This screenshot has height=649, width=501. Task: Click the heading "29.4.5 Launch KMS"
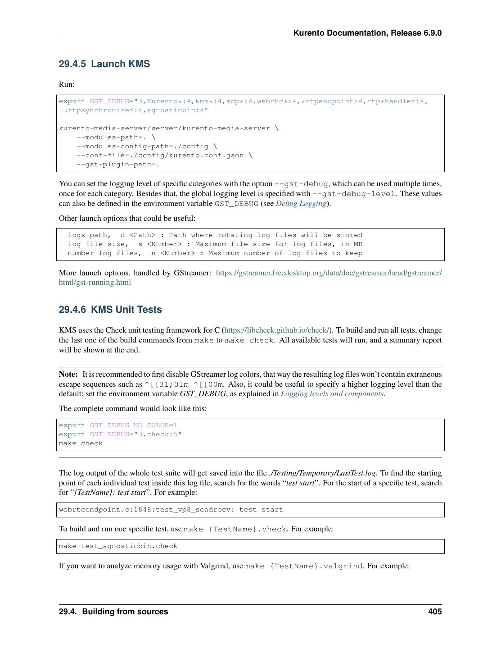(104, 64)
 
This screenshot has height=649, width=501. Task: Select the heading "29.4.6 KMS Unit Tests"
(110, 310)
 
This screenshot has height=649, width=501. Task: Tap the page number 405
(435, 612)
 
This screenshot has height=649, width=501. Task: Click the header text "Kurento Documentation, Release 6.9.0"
(367, 33)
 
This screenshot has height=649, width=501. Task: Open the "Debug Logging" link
(301, 203)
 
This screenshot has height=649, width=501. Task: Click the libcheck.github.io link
(277, 330)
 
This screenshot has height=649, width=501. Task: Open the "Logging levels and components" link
(332, 393)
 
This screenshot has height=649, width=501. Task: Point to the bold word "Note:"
(68, 374)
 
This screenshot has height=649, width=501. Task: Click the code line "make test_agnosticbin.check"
(118, 546)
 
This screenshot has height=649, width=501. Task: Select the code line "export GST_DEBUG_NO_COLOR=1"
(118, 425)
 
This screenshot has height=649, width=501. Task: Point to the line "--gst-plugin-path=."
(118, 164)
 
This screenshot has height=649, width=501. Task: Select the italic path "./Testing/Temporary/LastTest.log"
(322, 473)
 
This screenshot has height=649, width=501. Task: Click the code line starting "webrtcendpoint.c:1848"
(171, 509)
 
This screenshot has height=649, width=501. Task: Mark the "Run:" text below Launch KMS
(67, 84)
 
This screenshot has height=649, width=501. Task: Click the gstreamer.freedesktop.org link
(329, 273)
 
